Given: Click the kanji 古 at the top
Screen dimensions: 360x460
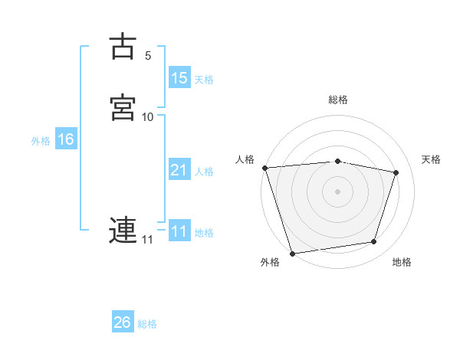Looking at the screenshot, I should [x=123, y=47].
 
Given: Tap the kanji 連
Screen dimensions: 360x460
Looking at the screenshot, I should [x=123, y=231].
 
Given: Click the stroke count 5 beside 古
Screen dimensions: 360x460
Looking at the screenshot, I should [x=148, y=56].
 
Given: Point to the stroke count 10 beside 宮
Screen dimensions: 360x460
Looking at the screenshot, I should [x=148, y=117].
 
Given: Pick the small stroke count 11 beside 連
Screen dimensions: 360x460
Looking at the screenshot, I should [x=147, y=240].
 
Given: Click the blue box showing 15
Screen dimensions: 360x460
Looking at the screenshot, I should [x=179, y=78].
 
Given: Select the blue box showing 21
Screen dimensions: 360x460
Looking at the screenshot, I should [x=179, y=170].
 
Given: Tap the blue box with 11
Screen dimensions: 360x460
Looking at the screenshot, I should [x=179, y=231].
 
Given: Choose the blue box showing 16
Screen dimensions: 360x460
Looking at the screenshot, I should [x=65, y=139].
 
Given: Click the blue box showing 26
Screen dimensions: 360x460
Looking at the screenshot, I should [x=122, y=323].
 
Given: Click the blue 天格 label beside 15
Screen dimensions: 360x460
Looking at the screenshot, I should [x=204, y=79].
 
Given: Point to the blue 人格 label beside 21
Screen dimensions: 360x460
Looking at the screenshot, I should [x=204, y=171].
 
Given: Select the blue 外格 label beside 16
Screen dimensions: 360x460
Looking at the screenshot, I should [x=41, y=140].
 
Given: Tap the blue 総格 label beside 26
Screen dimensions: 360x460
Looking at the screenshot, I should [x=147, y=324].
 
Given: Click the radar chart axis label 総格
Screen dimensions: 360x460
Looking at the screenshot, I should [x=338, y=100].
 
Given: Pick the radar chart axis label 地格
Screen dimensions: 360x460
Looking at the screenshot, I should [x=402, y=263].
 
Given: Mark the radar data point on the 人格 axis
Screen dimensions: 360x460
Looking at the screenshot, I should [x=265, y=168].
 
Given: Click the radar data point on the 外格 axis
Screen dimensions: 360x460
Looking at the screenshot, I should [x=293, y=252].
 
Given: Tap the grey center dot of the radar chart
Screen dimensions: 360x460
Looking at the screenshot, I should [x=338, y=191].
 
